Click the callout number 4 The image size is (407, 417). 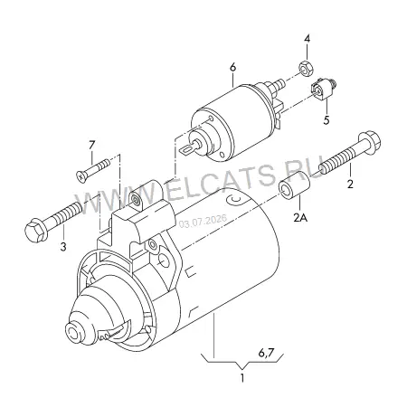tap(307, 39)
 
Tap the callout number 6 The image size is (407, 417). tap(232, 68)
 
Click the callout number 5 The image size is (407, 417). tap(327, 120)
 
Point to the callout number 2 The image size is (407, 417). tap(350, 184)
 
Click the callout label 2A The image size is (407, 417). tap(300, 217)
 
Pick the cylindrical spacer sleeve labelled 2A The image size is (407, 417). tap(295, 185)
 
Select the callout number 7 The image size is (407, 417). tap(91, 145)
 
